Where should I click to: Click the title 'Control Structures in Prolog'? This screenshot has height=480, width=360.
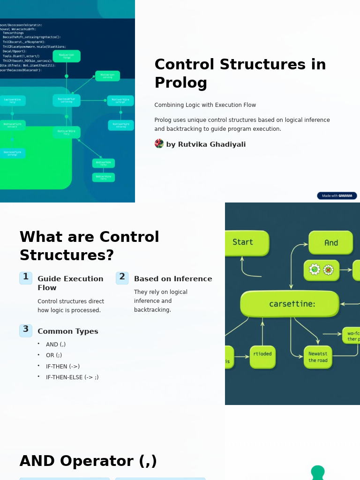pos(240,74)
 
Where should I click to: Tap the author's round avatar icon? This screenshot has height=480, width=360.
pos(159,144)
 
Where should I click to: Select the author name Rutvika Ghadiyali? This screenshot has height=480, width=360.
pos(206,144)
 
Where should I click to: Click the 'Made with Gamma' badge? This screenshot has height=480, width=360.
pos(337,196)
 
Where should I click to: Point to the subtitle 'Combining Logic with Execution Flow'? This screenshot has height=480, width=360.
pos(205,105)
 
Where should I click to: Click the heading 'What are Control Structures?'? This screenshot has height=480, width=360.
pos(89,246)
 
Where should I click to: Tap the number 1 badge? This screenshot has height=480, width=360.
pos(26,277)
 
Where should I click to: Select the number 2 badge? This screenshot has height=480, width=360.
pos(122,277)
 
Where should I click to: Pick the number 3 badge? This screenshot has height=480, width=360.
pos(26,330)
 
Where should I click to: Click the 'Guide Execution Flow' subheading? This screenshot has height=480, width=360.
pos(70,283)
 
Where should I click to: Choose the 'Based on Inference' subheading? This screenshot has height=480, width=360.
pos(172,279)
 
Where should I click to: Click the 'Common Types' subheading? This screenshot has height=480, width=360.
pos(67,331)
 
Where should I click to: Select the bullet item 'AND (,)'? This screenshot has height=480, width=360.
pos(56,345)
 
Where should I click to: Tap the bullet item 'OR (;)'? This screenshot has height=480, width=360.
pos(54,355)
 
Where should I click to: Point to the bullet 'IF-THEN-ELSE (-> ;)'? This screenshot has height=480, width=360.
pos(72,377)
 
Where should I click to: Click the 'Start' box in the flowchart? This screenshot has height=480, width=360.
pos(245,242)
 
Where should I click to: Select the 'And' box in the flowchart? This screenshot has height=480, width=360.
pos(331,243)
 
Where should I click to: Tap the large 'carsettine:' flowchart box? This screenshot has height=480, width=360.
pos(290,304)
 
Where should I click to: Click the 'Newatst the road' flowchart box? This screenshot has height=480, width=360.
pos(318,357)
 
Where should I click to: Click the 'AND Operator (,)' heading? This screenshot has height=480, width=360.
pos(88,461)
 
